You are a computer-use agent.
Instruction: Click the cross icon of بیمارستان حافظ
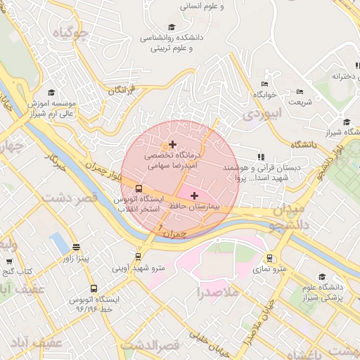pos(195,195)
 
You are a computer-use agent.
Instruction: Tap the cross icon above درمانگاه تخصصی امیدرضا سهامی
pos(172,144)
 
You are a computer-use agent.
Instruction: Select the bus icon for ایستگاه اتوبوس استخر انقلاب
pos(138,188)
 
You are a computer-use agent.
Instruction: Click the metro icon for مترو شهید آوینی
pos(138,257)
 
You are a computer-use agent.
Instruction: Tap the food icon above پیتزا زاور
pos(76,247)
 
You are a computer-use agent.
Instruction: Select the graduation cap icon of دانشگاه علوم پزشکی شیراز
pos(322,276)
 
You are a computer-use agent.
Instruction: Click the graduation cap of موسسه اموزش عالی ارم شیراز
pos(51,92)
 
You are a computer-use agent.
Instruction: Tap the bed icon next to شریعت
pos(300,91)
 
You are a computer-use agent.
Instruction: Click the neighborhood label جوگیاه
pos(77,32)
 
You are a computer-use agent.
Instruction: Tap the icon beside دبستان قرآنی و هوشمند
pos(260,157)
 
